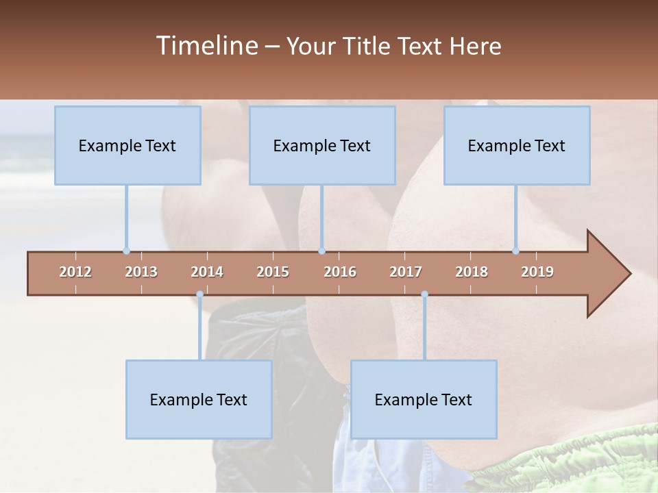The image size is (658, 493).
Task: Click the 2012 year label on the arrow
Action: pos(75,272)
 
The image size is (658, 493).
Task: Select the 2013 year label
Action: pos(141,272)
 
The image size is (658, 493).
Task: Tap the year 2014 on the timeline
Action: pos(207,272)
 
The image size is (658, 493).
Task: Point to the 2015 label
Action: pos(273,272)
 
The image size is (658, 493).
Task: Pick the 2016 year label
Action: pos(340,272)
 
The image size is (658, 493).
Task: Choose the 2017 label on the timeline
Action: pos(406,272)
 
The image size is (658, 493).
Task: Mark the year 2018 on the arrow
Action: pos(472,272)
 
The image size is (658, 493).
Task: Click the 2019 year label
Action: pos(537,272)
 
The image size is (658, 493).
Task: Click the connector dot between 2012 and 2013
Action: pos(126,251)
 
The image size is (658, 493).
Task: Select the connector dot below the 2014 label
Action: pos(199,294)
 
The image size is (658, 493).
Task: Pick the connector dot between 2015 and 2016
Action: pos(321,251)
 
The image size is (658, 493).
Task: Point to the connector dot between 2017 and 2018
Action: pos(424,294)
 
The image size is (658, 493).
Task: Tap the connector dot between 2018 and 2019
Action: pos(515,251)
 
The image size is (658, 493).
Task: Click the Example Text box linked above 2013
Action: pos(127,145)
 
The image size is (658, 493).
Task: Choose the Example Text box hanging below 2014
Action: pos(199,399)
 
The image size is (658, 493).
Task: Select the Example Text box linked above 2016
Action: pos(322,145)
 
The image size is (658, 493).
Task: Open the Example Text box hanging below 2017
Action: pos(424,399)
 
